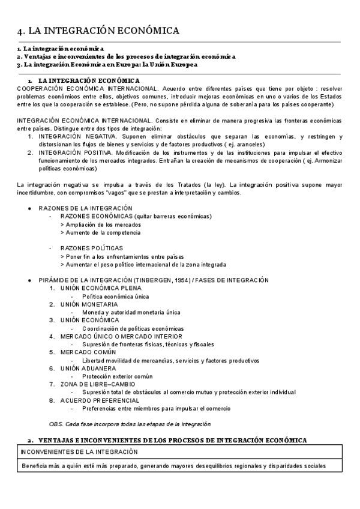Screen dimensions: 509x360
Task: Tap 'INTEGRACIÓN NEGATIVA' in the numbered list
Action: click(73, 136)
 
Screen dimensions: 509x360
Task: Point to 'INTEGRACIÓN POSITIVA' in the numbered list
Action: click(71, 152)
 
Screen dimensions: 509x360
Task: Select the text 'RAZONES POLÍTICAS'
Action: click(91, 248)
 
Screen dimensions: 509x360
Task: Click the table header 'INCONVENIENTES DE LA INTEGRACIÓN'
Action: click(79, 452)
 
